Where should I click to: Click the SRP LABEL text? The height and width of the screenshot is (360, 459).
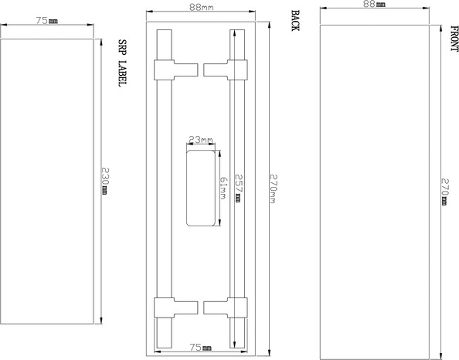(121, 62)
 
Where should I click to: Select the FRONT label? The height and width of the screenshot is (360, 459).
(454, 39)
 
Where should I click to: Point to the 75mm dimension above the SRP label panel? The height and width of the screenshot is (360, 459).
(46, 21)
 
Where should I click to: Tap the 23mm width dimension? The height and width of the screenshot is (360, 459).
(200, 140)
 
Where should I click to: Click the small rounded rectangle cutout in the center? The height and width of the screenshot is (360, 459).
(200, 187)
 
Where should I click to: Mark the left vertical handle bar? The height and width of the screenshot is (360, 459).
(164, 185)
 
